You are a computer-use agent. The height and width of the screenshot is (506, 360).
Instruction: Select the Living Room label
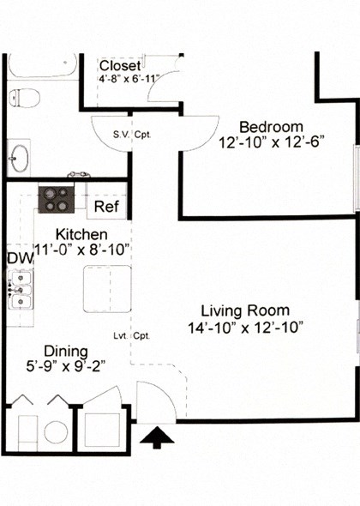coord(244,310)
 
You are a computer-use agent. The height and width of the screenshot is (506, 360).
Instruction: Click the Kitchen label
coord(81,234)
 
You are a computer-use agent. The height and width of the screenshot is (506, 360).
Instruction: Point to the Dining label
coord(66,351)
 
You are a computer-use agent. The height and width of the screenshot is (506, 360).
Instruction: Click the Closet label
coord(120,66)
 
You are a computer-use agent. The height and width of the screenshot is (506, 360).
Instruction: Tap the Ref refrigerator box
coord(106,207)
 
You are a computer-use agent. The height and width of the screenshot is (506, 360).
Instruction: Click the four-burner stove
coord(57,199)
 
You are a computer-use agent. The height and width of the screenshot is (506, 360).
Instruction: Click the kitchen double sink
coord(19,288)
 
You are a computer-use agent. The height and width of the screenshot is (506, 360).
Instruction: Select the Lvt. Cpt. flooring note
coord(132,336)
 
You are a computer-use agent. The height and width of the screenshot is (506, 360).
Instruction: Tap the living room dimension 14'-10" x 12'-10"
coord(244,327)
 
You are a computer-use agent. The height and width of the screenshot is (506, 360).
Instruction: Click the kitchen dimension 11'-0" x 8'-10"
coord(81,250)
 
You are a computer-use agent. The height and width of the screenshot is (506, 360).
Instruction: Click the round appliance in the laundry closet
coord(56,431)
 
